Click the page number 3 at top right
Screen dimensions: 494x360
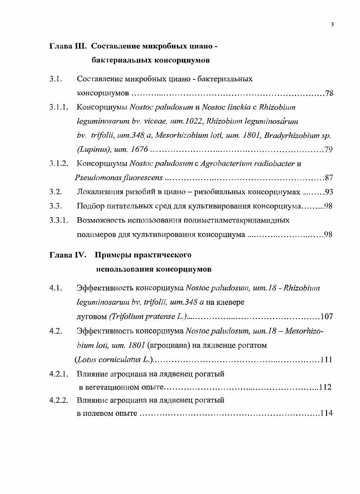click(332, 25)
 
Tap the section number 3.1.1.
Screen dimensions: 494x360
click(59, 108)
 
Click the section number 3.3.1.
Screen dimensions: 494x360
click(59, 220)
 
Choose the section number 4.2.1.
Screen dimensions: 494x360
click(59, 373)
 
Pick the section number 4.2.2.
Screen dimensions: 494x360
click(59, 400)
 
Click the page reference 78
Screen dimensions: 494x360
click(329, 94)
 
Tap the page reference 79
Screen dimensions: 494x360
click(328, 150)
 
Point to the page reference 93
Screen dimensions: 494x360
click(329, 192)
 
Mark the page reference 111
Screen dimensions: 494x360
click(326, 360)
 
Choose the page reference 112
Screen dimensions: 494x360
click(325, 387)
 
